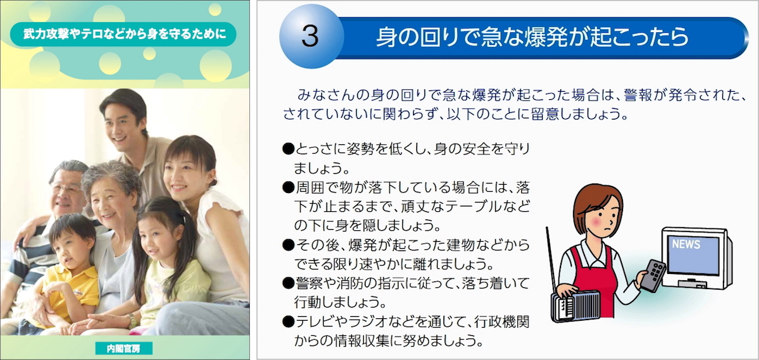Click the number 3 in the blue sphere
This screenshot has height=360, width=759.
pos(310,36)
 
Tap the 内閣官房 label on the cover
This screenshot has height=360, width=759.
pos(124,348)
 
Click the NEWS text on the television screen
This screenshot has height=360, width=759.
pos(686,244)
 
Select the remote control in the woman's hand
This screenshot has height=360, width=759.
pos(652,276)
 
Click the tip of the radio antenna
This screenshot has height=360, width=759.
pos(546,228)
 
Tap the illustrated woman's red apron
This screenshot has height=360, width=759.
pos(597,278)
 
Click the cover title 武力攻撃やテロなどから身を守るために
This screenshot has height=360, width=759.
pos(125,34)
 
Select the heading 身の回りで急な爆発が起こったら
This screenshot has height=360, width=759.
pos(532,37)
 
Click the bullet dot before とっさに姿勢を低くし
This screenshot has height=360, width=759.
pos(288,149)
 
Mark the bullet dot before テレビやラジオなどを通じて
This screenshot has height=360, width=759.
pos(288,321)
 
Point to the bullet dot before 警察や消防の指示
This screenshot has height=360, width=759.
pos(288,283)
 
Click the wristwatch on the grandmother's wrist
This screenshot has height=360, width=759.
pos(132,321)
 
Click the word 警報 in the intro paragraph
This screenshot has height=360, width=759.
pos(638,96)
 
